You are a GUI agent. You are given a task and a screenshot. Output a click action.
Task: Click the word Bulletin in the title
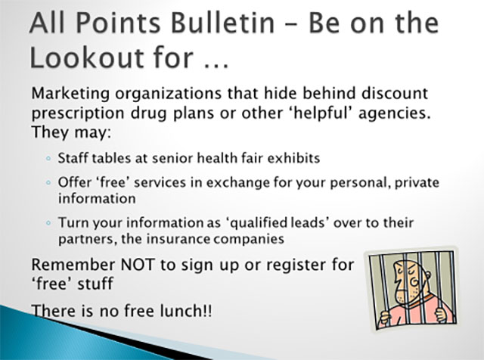[222, 23]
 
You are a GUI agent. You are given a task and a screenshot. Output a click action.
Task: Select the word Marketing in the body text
[70, 94]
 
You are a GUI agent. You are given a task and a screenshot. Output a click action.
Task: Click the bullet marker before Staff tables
[48, 159]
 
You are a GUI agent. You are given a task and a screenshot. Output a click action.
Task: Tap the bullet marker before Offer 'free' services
[48, 182]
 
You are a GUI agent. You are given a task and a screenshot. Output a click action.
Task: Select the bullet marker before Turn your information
[48, 222]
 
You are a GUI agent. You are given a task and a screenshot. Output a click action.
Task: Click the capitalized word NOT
[137, 265]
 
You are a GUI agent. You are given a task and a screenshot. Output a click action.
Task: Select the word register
[294, 266]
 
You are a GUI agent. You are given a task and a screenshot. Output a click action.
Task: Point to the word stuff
[95, 284]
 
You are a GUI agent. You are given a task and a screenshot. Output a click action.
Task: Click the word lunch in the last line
[181, 310]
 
